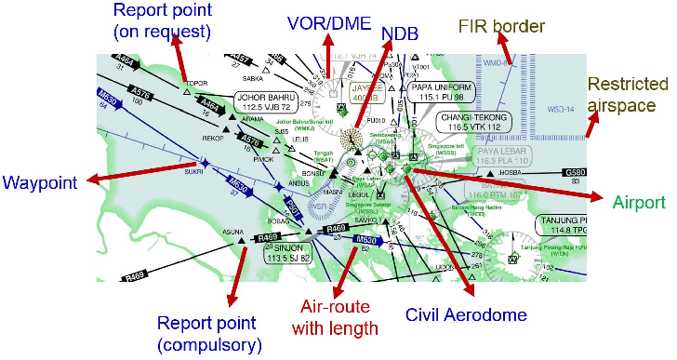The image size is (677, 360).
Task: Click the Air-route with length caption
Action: coord(338,317)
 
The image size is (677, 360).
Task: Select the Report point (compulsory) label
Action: coord(206,334)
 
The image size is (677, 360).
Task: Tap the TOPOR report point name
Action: coord(195,83)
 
